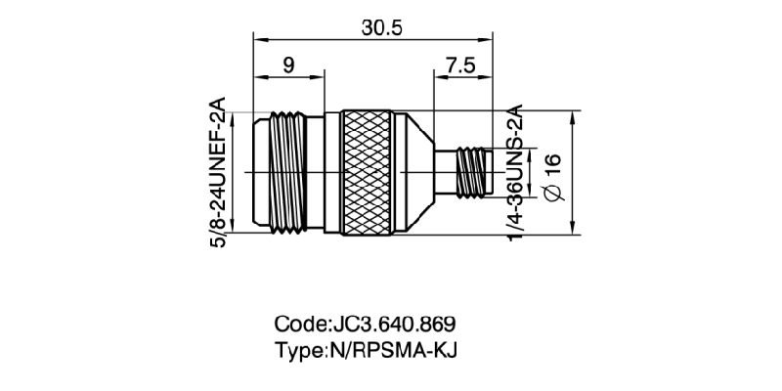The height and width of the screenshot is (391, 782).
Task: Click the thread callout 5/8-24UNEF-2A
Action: coord(219,172)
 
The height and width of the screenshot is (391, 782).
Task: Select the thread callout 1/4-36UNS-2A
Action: coord(515,172)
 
